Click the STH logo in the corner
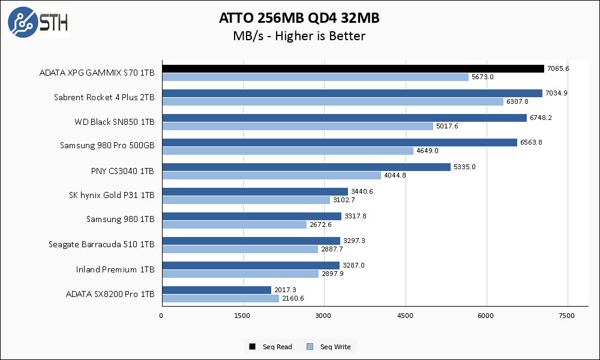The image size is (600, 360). click(37, 22)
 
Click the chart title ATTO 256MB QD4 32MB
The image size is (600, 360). click(299, 19)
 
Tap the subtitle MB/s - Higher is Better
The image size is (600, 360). click(299, 36)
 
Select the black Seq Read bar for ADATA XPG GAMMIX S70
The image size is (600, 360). click(353, 68)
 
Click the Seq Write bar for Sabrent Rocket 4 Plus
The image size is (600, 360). click(332, 101)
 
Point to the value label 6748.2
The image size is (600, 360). click(540, 118)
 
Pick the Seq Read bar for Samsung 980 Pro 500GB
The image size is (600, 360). click(339, 142)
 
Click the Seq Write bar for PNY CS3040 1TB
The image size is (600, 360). click(271, 175)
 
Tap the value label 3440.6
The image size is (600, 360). click(362, 191)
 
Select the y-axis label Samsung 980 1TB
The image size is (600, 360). click(120, 220)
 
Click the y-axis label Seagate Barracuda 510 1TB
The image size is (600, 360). click(101, 244)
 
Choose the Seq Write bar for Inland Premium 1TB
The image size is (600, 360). click(240, 274)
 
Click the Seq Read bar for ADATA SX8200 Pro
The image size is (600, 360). click(216, 290)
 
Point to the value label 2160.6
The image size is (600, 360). click(292, 298)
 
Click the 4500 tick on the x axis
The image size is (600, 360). click(406, 316)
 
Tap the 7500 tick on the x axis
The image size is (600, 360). click(566, 316)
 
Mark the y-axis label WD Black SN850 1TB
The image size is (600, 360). click(115, 122)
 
